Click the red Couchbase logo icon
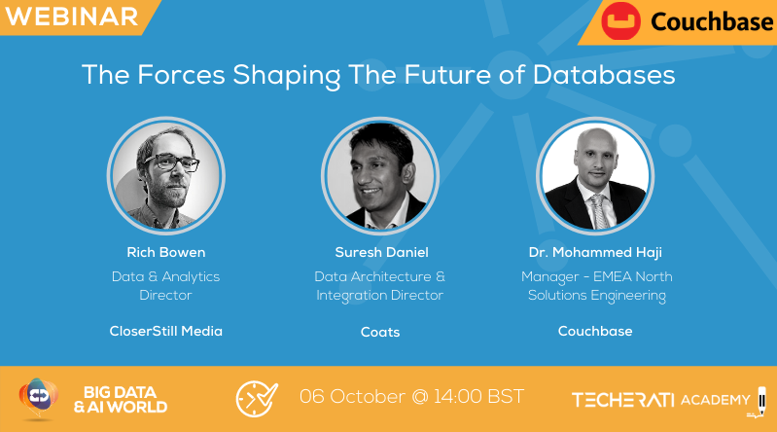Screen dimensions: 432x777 [619, 22]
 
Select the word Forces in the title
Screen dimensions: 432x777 [164, 75]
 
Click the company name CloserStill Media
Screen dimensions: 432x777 [166, 331]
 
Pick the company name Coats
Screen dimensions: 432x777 [380, 332]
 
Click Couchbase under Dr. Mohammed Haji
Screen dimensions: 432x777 [594, 331]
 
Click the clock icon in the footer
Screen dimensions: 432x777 [257, 399]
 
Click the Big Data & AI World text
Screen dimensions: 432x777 [120, 399]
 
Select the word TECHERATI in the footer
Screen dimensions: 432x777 [622, 400]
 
